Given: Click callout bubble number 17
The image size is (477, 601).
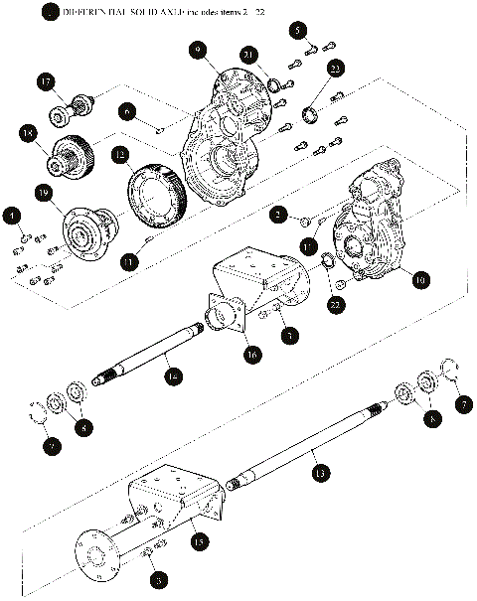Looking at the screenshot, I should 46,80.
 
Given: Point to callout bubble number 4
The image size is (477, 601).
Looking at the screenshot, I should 12,216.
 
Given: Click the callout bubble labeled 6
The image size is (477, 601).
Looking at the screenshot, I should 130,112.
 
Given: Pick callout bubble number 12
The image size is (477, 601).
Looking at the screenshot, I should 120,155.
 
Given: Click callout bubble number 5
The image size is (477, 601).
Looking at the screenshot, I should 299,31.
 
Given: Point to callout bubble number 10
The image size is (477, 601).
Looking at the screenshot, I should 421,281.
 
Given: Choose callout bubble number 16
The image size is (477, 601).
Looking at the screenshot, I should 252,353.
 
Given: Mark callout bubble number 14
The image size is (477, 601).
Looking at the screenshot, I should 173,376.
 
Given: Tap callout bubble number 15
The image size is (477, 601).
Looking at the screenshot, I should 199,542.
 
